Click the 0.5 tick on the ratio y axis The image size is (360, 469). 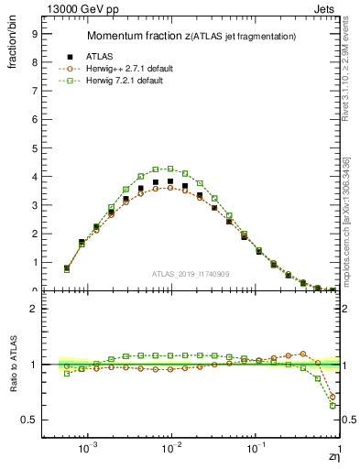coord(29,420)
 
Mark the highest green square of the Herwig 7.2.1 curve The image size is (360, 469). coord(170,169)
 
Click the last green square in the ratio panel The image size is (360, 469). coord(333,405)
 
